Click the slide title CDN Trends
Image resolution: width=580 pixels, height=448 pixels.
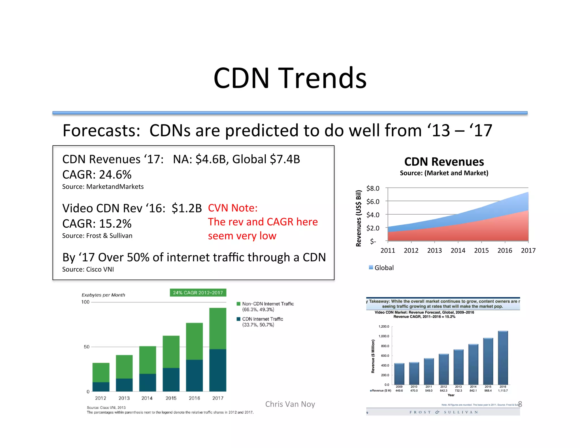[290, 78]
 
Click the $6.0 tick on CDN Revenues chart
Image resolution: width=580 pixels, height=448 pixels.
[372, 202]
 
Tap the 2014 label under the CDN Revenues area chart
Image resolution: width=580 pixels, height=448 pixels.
[458, 250]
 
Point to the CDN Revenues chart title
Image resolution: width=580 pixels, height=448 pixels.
[444, 162]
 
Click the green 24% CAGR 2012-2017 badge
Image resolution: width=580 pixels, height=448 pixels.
[198, 293]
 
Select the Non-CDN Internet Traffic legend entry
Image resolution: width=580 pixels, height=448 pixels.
[268, 304]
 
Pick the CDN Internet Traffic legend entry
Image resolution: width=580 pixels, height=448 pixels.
[262, 319]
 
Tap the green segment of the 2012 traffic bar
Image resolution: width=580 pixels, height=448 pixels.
[101, 372]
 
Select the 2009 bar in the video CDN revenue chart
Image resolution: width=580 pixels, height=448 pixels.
[399, 374]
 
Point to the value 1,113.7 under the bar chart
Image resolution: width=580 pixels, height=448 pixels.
[503, 391]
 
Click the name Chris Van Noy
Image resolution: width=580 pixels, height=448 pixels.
[290, 404]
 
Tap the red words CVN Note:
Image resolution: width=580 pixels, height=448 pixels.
[233, 208]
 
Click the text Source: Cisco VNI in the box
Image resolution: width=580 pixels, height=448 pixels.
[88, 269]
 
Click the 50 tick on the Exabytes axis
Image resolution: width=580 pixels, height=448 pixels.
[86, 347]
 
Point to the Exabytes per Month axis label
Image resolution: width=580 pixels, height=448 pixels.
[103, 295]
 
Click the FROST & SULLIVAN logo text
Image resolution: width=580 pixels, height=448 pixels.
[443, 412]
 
